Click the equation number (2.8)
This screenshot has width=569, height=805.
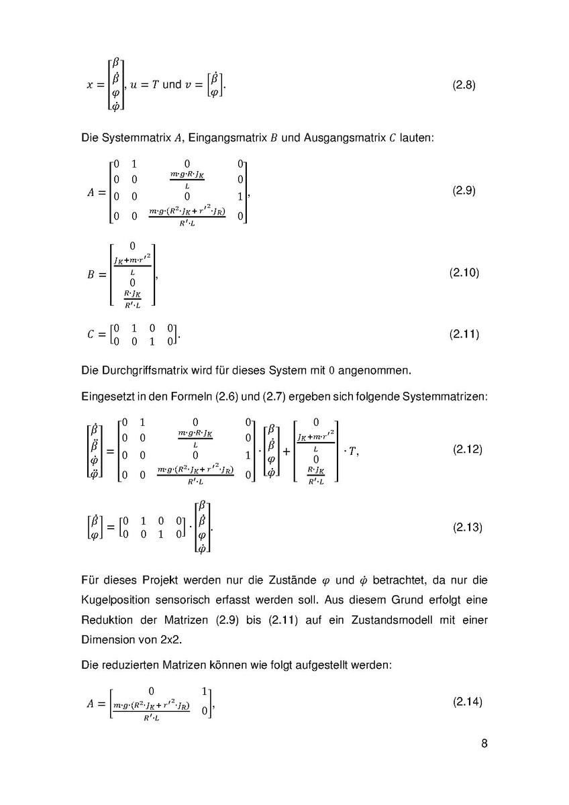pos(464,86)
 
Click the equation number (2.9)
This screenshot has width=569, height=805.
pos(464,191)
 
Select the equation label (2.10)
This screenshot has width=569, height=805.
pos(464,273)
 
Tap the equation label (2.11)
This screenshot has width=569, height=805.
pos(464,334)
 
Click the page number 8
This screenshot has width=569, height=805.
pos(484,743)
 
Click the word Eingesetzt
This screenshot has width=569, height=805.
pos(107,396)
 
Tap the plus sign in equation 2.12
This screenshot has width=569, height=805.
pos(287,451)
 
